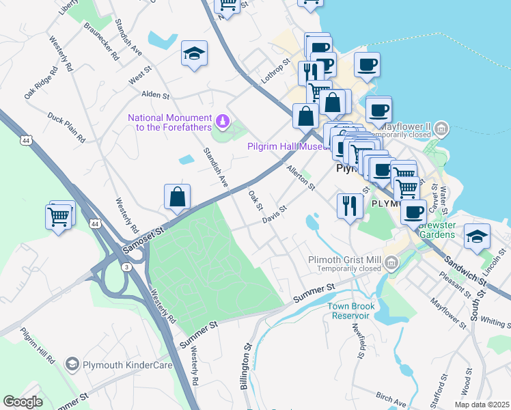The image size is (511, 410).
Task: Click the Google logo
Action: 23,401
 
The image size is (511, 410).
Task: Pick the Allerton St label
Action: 301,178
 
